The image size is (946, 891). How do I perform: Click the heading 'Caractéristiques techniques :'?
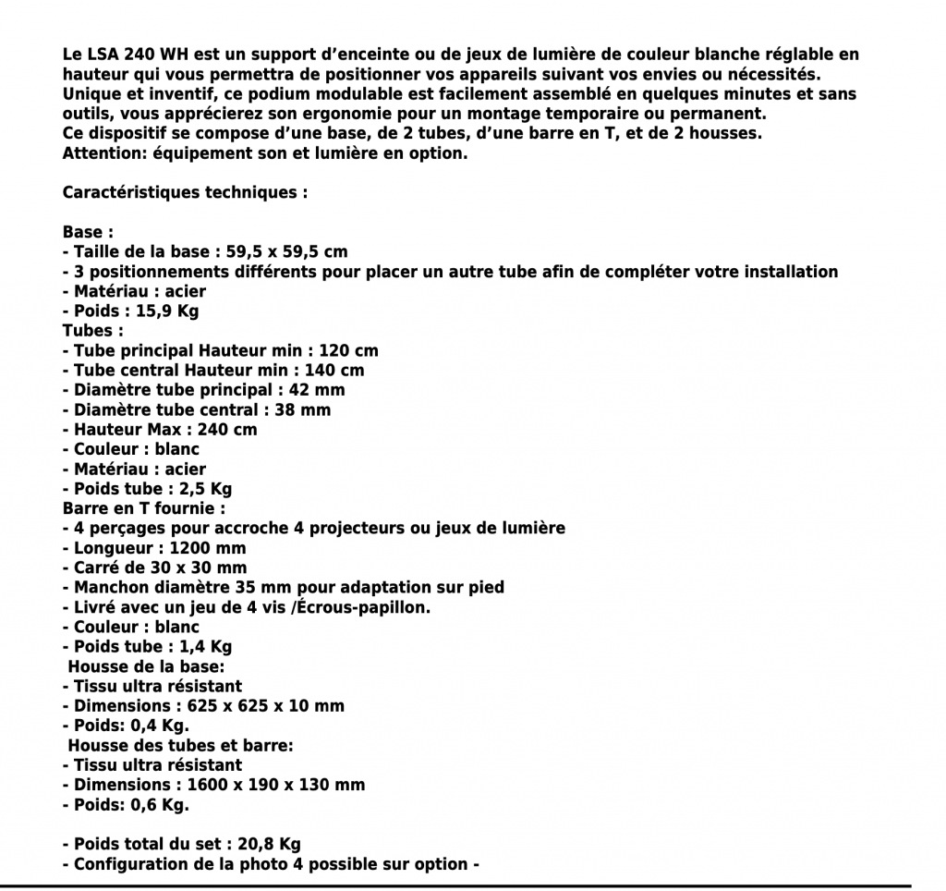point(185,193)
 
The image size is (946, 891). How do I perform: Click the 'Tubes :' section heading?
point(93,331)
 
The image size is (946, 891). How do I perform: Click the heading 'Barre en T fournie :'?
point(144,508)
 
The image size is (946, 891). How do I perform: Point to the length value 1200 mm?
point(201,548)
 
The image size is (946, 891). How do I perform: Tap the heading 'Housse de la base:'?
point(147,666)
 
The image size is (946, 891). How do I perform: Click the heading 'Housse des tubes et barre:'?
point(182,745)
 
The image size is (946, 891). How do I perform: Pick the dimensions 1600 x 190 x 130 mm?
point(275,785)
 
